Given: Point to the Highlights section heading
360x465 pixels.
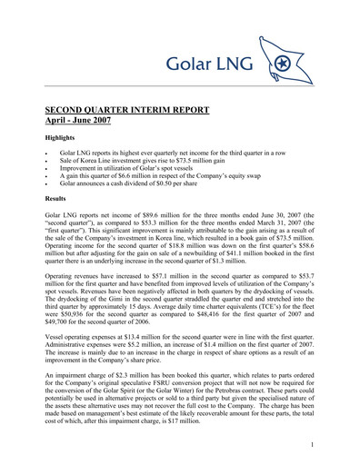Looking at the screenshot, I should coord(65,142).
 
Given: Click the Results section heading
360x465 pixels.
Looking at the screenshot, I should coord(59,196).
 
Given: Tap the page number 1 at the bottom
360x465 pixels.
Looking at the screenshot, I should coord(312,445).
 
